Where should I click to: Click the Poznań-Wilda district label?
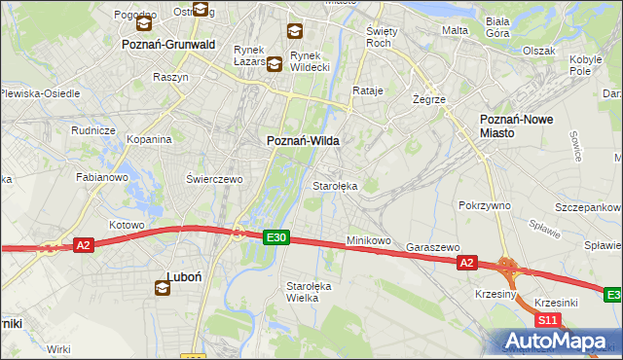coord(303,141)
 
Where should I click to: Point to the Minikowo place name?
coord(369,240)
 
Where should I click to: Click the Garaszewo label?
coord(432,248)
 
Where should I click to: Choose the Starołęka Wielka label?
coord(309,292)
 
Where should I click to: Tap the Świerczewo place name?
coord(213,179)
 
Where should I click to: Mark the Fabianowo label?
coord(102,178)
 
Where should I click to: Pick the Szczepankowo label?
coord(588,209)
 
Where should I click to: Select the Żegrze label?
coord(428,99)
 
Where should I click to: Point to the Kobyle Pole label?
coord(581,64)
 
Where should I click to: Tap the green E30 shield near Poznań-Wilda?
coord(276,236)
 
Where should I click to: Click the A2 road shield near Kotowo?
coord(84,245)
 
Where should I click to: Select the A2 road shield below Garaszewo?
coord(466,263)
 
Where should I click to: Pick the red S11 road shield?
coord(548,319)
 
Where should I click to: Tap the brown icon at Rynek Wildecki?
coord(275,65)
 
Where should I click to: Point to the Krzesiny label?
coord(495,292)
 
